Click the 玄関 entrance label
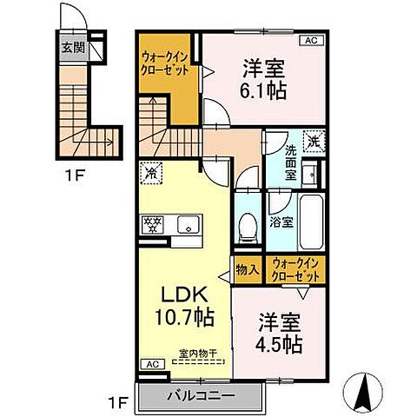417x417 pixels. (72, 49)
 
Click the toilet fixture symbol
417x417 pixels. (247, 227)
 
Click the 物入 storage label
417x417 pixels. (247, 269)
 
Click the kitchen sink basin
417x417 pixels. (187, 223)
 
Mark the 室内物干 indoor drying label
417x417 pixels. (198, 354)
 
